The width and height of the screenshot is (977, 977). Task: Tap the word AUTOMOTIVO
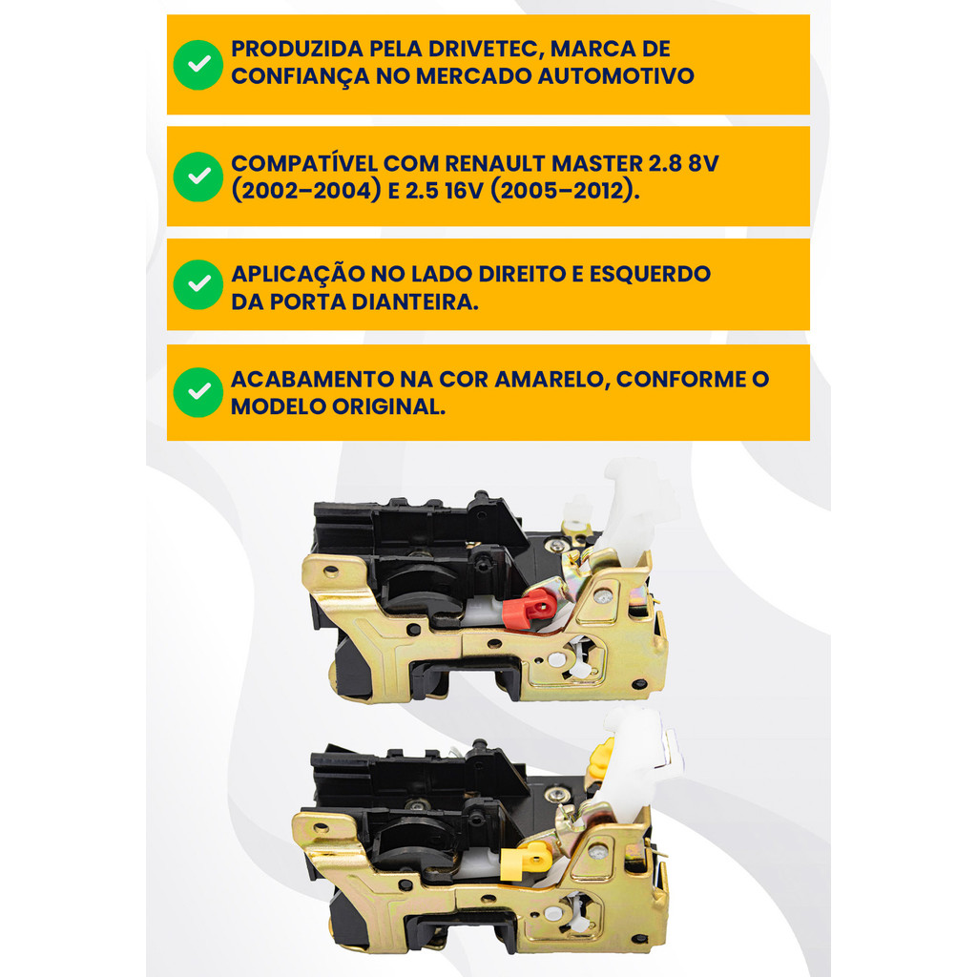point(615,76)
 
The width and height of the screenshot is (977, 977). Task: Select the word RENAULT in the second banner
point(495,163)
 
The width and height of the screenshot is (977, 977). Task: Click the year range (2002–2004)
point(306,191)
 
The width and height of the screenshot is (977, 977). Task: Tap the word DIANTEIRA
point(415,301)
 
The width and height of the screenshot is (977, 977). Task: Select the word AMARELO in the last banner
point(552,379)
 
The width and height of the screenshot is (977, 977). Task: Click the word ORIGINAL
point(389,406)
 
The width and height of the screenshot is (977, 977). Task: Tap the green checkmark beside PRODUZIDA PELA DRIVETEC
point(198,65)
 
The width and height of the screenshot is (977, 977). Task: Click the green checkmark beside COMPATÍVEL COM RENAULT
point(198,177)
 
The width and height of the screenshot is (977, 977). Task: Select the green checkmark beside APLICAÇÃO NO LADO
point(198,284)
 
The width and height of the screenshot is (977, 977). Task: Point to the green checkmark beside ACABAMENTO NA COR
point(198,392)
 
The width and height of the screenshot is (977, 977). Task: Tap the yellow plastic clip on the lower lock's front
point(525,861)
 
